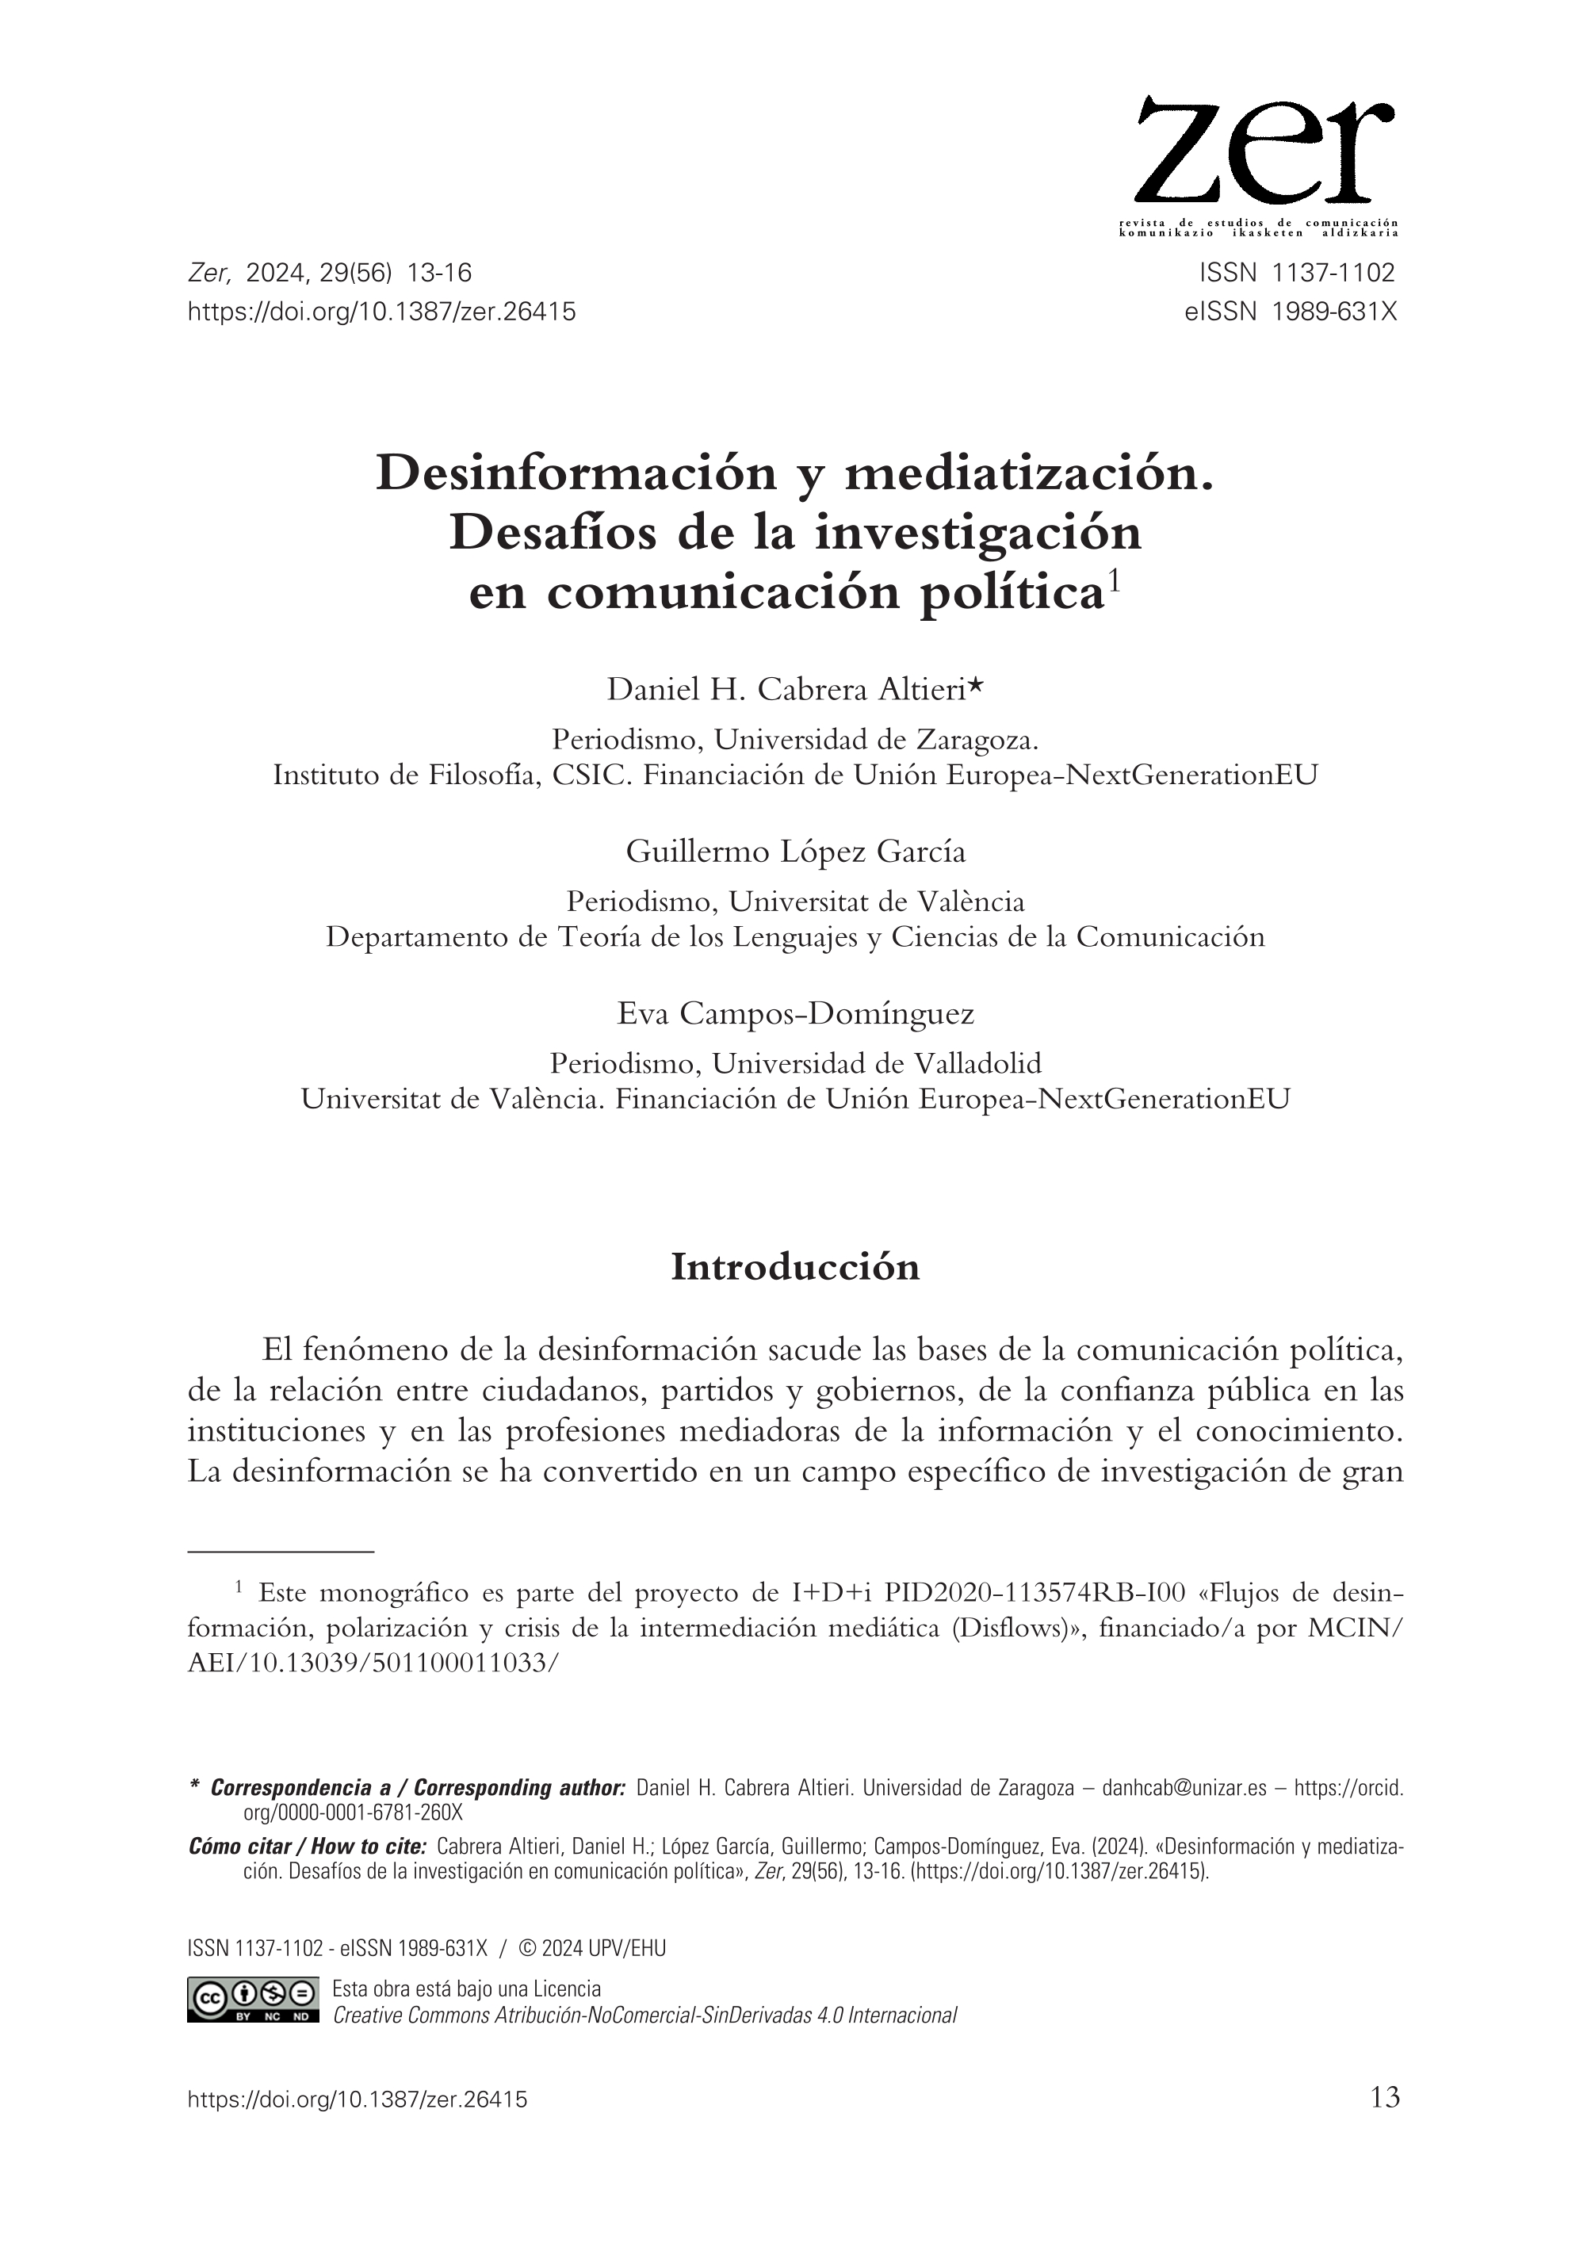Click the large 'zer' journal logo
point(1264,152)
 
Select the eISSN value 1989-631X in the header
point(1334,312)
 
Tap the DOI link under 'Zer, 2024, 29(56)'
point(381,312)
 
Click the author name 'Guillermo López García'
point(796,852)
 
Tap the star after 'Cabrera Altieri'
point(976,689)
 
